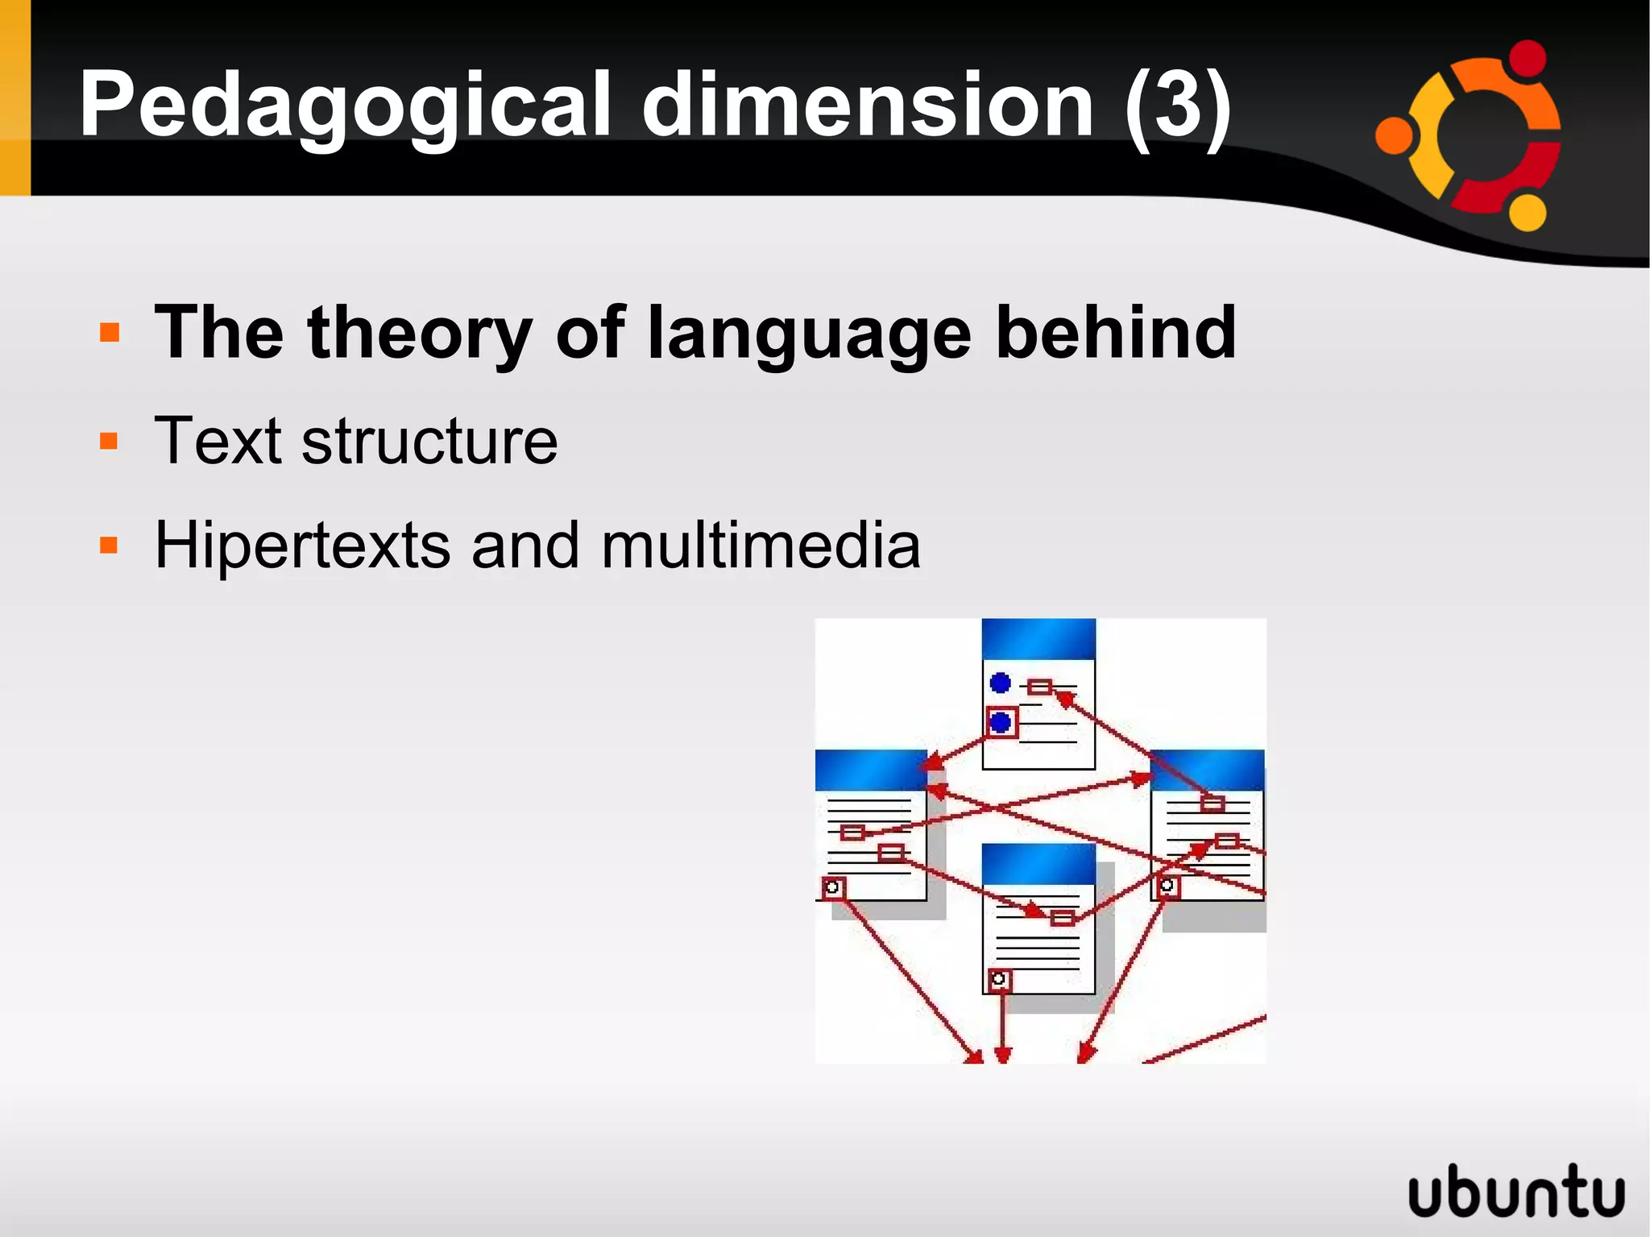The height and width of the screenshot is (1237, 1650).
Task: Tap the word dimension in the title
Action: pyautogui.click(x=867, y=105)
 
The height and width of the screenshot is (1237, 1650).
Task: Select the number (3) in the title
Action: pyautogui.click(x=1178, y=105)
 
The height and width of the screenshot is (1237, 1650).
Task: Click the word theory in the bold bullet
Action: pyautogui.click(x=419, y=334)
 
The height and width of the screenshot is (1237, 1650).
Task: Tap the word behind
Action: pyautogui.click(x=1116, y=332)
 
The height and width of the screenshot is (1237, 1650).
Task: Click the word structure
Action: pyautogui.click(x=429, y=442)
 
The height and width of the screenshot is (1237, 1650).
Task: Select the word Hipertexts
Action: pyautogui.click(x=302, y=546)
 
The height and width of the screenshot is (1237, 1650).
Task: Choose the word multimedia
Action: pyautogui.click(x=761, y=546)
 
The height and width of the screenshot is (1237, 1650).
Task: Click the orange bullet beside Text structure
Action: pyautogui.click(x=109, y=441)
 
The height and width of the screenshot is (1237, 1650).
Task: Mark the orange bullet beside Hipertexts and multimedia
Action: pyautogui.click(x=109, y=546)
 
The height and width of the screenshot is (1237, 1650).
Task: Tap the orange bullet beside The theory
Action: pyautogui.click(x=109, y=333)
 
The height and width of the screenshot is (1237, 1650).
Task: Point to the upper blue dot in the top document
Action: pyautogui.click(x=1001, y=683)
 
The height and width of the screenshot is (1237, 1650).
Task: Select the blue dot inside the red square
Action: pyautogui.click(x=1001, y=722)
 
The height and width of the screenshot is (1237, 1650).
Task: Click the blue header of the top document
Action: pyautogui.click(x=1039, y=639)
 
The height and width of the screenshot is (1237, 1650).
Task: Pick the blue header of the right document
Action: pyautogui.click(x=1206, y=770)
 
